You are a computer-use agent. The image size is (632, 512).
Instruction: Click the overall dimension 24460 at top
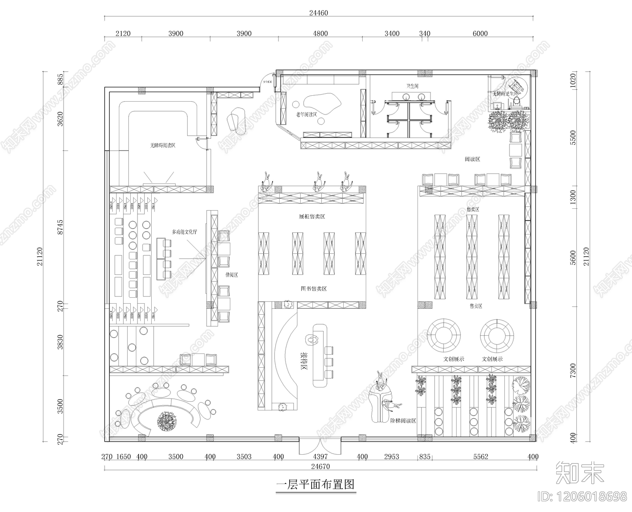coord(318,13)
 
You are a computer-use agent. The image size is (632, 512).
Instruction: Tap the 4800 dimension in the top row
coord(320,34)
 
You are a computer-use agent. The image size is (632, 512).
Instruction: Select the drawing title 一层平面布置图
coord(315,485)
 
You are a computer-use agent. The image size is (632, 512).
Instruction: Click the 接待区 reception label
coord(304,360)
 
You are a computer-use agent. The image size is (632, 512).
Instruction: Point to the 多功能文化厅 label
coord(184,232)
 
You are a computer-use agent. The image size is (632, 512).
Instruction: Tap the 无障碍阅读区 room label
coord(162,145)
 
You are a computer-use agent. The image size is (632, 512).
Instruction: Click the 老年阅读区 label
coord(307,114)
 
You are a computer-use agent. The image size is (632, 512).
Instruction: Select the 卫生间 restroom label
coord(412,86)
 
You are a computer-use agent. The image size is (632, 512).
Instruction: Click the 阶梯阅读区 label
coord(403,421)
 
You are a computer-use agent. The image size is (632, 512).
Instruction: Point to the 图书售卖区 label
coord(314,289)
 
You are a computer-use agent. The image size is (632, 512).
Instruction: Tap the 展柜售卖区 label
coord(312,217)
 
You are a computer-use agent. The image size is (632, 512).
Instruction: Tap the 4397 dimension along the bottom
coord(320,457)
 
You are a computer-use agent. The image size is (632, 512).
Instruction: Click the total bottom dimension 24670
coord(320,467)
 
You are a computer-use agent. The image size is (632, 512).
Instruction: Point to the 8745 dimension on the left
coord(60,228)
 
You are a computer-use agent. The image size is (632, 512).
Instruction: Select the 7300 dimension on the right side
coord(573,371)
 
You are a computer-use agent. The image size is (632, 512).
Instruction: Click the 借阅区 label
coord(231,275)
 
